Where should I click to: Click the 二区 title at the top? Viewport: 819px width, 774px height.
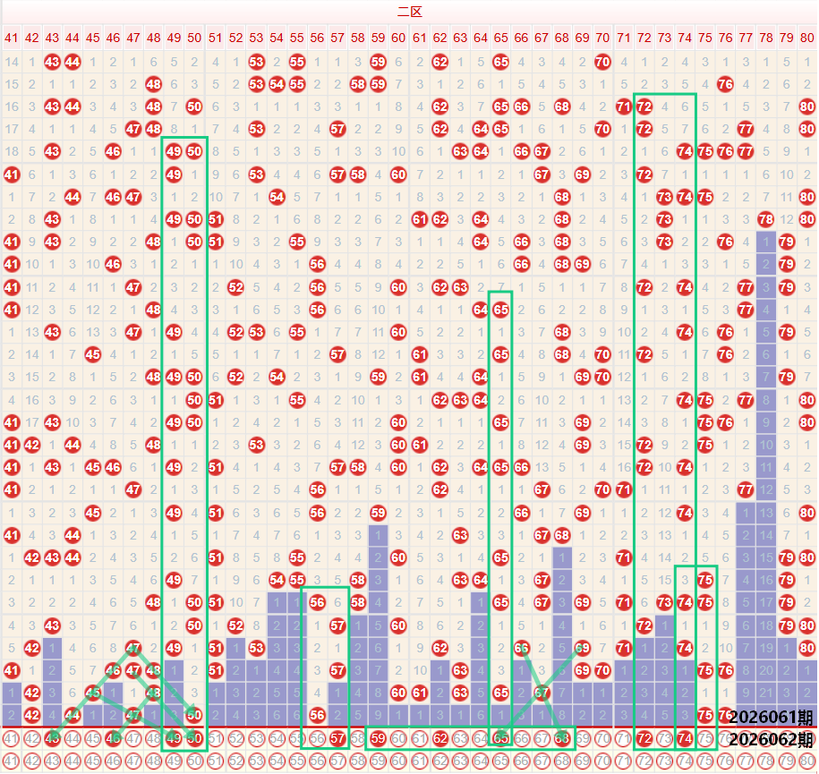point(409,12)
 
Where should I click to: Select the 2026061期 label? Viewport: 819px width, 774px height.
point(771,718)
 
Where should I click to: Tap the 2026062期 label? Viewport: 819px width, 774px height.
point(771,740)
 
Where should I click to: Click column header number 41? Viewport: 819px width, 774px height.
point(11,38)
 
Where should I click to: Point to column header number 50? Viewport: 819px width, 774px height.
point(194,38)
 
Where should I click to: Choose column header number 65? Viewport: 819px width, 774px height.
point(500,38)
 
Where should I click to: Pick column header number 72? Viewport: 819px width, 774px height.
point(644,38)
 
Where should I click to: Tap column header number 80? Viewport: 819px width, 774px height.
point(806,38)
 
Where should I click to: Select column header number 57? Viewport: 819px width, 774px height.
point(337,38)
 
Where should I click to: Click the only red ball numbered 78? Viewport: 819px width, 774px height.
point(765,219)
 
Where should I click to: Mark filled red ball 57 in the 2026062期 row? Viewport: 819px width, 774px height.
point(337,739)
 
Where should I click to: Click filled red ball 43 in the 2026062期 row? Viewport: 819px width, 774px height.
point(52,739)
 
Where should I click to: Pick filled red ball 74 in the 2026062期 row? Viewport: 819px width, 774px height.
point(685,739)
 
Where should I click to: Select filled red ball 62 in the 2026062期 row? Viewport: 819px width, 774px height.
point(439,739)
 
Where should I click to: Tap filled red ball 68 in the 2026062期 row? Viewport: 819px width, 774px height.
point(562,739)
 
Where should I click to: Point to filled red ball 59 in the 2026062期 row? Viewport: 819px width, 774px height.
point(378,739)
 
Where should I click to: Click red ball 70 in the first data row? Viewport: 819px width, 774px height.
point(602,62)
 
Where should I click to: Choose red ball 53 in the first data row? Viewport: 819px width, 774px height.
point(256,62)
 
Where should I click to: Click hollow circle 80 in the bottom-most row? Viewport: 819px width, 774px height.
point(806,761)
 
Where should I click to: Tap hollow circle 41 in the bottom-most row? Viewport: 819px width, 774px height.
point(11,761)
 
